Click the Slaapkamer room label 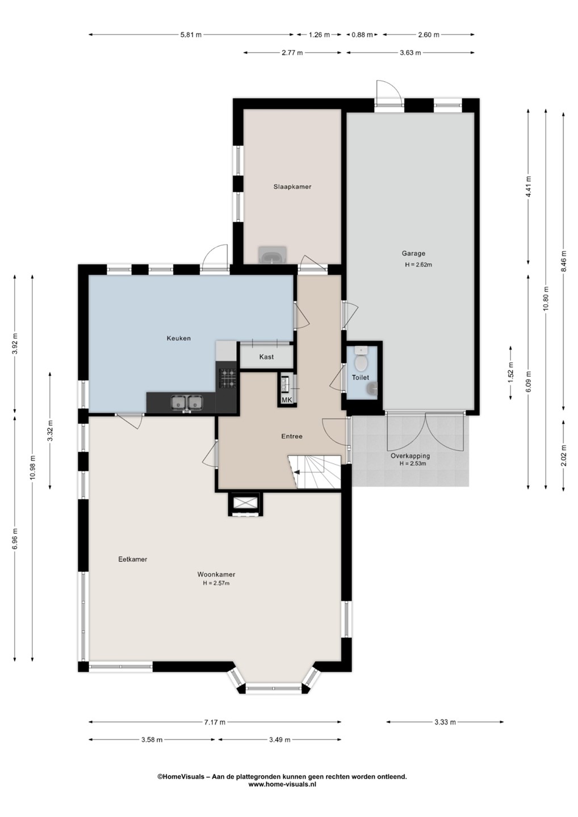pyautogui.click(x=292, y=187)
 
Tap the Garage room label pyautogui.click(x=413, y=253)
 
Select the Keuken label pyautogui.click(x=179, y=338)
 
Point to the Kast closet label pyautogui.click(x=266, y=357)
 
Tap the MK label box pyautogui.click(x=287, y=400)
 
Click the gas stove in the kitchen pyautogui.click(x=228, y=378)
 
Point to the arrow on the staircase pyautogui.click(x=301, y=472)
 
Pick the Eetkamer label pyautogui.click(x=133, y=559)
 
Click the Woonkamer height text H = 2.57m pyautogui.click(x=216, y=583)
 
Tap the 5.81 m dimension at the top pyautogui.click(x=191, y=35)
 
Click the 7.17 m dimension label pyautogui.click(x=215, y=722)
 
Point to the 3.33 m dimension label pyautogui.click(x=445, y=722)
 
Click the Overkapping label pyautogui.click(x=410, y=456)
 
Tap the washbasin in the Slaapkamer pyautogui.click(x=272, y=255)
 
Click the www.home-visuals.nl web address pyautogui.click(x=282, y=784)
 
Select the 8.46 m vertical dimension pyautogui.click(x=564, y=261)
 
